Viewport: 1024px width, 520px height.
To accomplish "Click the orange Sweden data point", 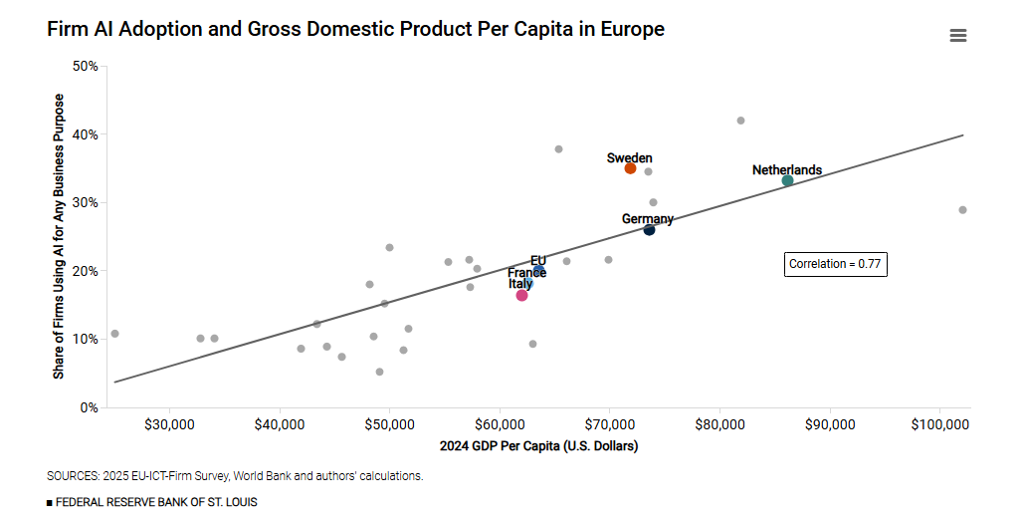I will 630,168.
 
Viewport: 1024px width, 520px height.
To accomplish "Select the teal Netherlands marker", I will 787,180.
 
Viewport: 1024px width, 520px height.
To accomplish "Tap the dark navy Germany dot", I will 649,230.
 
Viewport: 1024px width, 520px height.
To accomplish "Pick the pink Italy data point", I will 521,295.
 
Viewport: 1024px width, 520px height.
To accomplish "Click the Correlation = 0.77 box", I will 835,264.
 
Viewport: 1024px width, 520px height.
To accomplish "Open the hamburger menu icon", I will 958,36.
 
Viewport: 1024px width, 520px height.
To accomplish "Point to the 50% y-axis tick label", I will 86,67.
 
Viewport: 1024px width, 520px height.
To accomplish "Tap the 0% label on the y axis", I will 90,407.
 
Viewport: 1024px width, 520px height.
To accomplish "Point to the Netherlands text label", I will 787,170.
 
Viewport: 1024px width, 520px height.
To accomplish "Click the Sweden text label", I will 630,157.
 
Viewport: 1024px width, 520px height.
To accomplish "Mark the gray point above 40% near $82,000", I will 740,121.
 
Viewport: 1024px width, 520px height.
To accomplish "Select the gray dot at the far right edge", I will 962,210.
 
